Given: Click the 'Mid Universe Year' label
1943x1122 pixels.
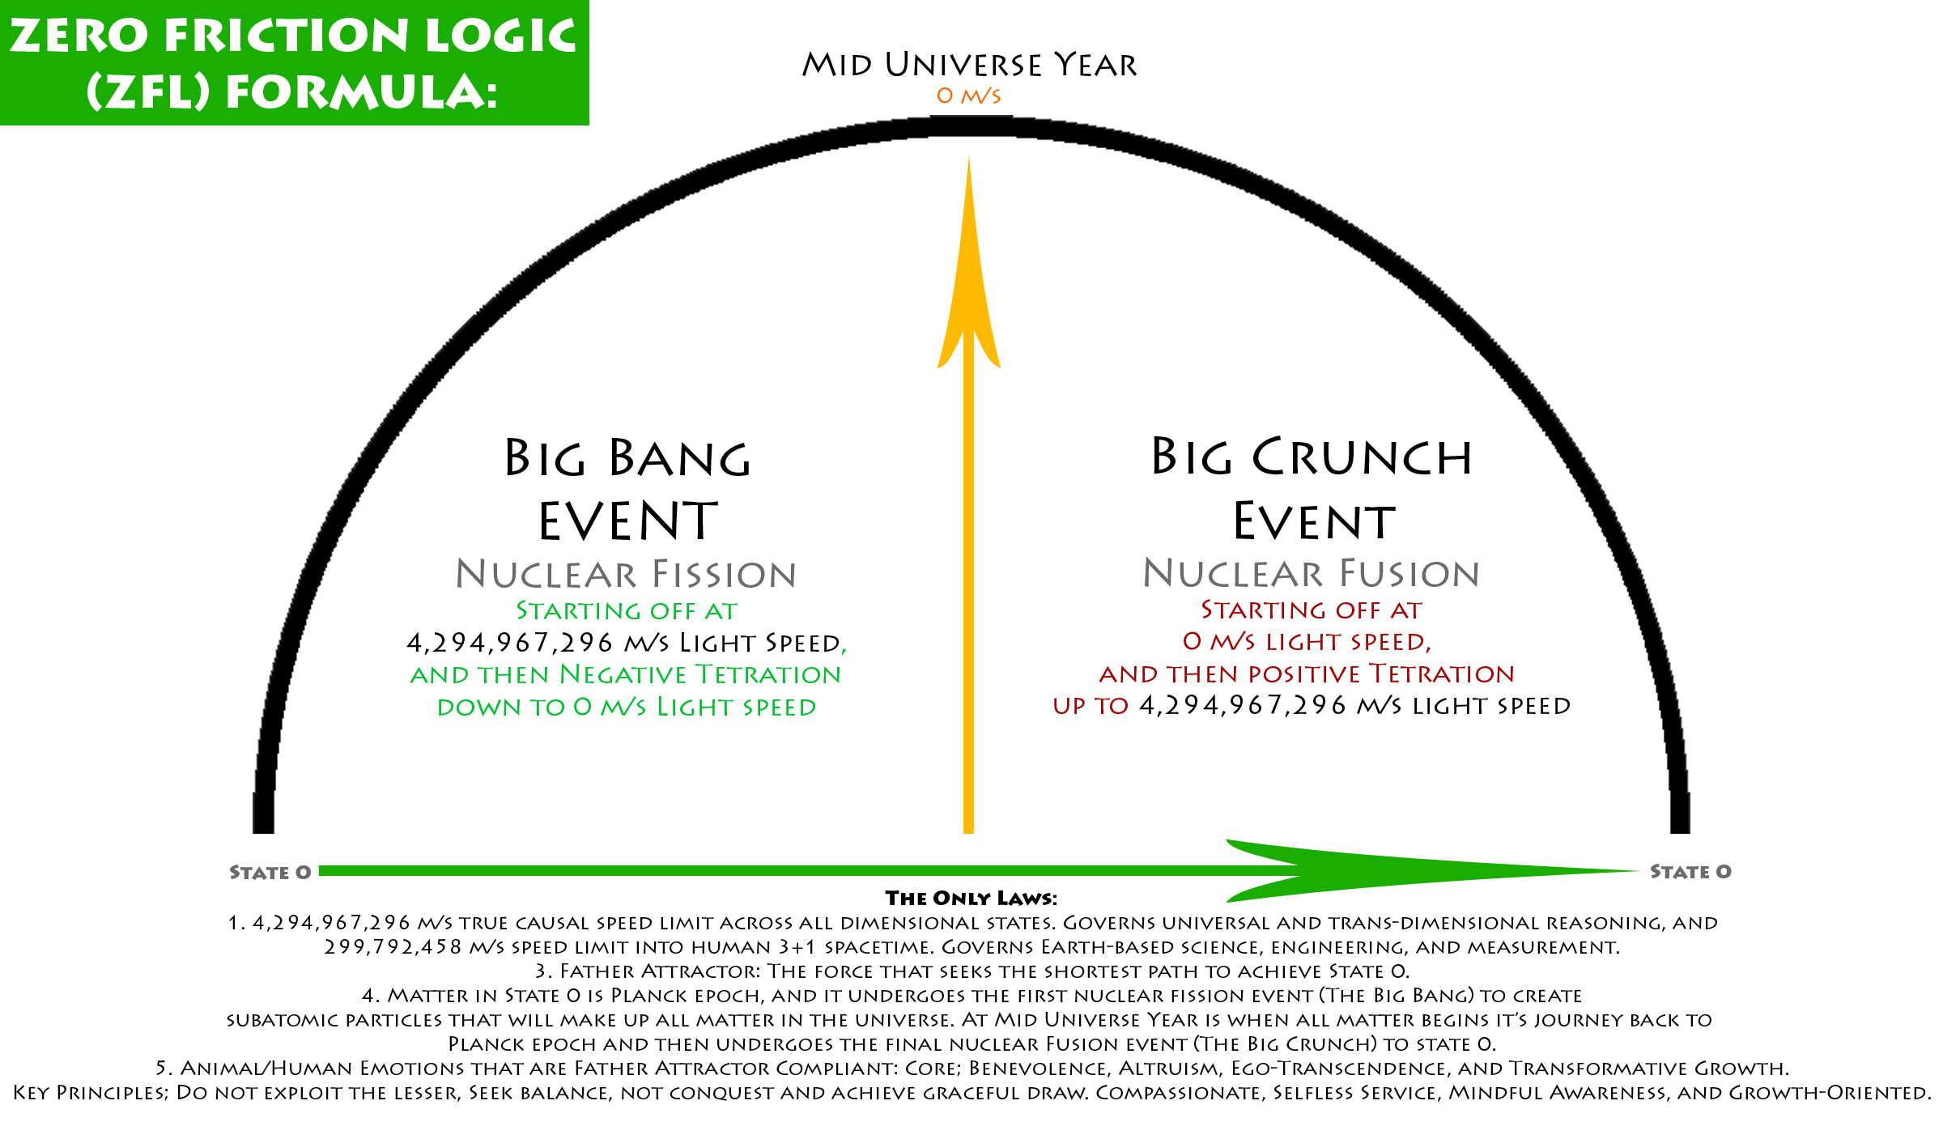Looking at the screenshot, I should (x=969, y=65).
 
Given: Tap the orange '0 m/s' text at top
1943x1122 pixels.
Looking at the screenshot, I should (x=968, y=96).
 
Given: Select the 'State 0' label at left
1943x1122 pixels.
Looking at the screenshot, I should (x=270, y=873).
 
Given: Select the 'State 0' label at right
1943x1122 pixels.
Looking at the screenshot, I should (x=1690, y=872).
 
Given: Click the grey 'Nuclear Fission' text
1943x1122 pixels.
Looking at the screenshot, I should (x=626, y=575).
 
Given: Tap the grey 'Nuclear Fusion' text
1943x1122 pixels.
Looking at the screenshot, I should (x=1311, y=574).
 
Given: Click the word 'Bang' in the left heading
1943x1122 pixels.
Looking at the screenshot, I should (x=680, y=459).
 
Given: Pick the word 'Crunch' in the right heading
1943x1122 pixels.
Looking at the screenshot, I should (x=1362, y=457).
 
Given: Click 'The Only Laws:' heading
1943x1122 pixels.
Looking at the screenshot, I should (x=971, y=898).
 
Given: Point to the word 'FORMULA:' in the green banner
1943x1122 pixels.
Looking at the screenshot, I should (x=361, y=91).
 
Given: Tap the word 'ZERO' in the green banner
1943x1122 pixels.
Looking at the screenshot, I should (x=79, y=36).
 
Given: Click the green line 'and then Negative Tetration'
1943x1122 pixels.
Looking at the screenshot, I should (x=626, y=674).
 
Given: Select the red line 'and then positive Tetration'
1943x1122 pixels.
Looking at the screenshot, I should (x=1307, y=674).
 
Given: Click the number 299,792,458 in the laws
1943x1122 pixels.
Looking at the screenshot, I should (x=393, y=947).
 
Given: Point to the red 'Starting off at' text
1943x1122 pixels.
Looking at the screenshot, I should (x=1311, y=610).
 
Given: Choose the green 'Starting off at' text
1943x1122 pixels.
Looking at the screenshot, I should (x=626, y=610).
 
